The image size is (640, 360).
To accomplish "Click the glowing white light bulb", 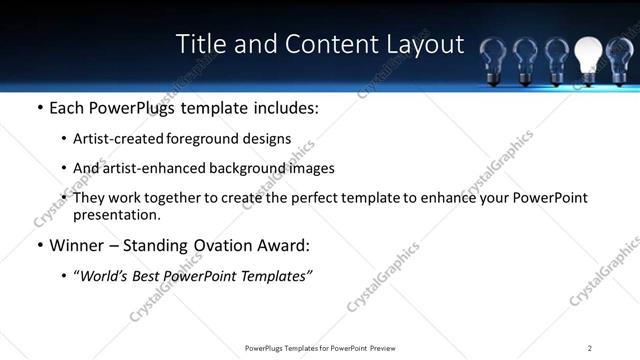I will [589, 53].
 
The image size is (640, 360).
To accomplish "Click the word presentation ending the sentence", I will [116, 214].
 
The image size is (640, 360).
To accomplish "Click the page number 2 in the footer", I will [589, 348].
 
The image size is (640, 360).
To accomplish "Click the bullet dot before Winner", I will [39, 246].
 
